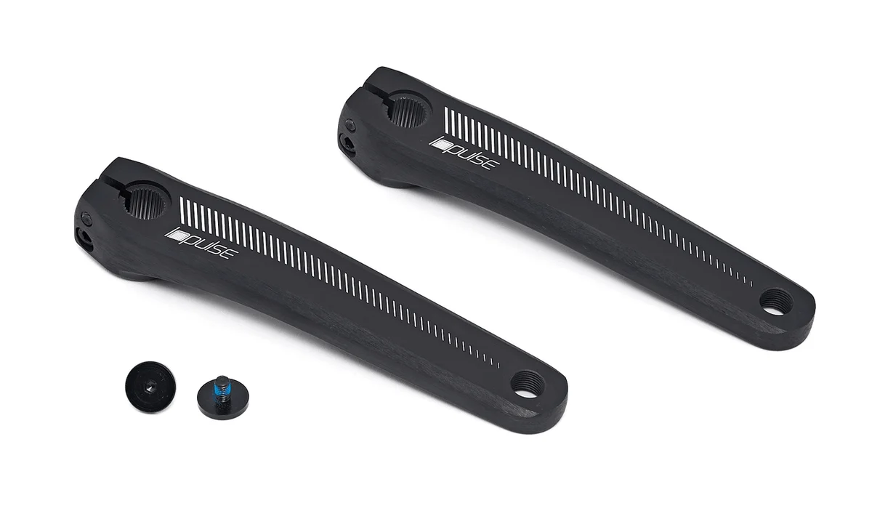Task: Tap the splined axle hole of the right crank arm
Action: (x=409, y=111)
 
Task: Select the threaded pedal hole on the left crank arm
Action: (x=528, y=383)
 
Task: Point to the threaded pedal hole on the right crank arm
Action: (x=777, y=300)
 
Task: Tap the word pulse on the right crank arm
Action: (x=473, y=155)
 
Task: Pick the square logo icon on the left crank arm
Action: (x=174, y=235)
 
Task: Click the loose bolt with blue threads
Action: (x=222, y=395)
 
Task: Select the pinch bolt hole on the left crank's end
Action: (x=84, y=238)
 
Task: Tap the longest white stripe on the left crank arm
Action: (x=182, y=211)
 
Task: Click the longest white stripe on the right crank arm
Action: (x=446, y=121)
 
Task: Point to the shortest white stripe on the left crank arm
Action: (x=498, y=362)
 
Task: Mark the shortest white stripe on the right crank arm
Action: (x=751, y=280)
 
